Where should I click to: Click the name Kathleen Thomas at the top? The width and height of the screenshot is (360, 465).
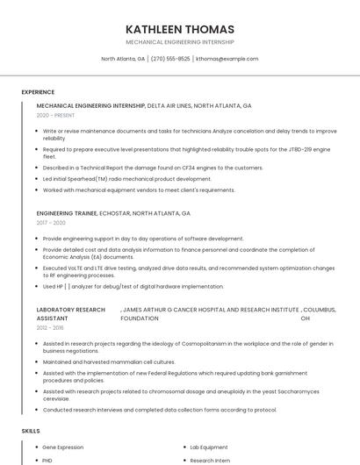pyautogui.click(x=180, y=29)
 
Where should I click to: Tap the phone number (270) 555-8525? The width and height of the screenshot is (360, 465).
pyautogui.click(x=170, y=59)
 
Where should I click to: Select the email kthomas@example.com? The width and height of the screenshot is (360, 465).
pyautogui.click(x=227, y=59)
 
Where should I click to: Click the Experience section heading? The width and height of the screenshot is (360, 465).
pyautogui.click(x=38, y=92)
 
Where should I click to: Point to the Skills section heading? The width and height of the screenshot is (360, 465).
pyautogui.click(x=31, y=431)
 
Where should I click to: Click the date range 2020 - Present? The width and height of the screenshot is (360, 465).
pyautogui.click(x=55, y=115)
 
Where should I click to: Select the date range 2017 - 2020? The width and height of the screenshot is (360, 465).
pyautogui.click(x=51, y=223)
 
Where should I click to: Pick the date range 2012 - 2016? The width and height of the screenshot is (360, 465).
pyautogui.click(x=50, y=326)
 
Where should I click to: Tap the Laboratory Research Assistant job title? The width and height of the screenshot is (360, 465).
pyautogui.click(x=70, y=313)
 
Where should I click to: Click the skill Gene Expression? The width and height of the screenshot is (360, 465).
pyautogui.click(x=63, y=447)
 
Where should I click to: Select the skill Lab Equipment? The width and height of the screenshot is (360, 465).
pyautogui.click(x=209, y=447)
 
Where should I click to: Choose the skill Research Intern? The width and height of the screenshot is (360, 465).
pyautogui.click(x=211, y=460)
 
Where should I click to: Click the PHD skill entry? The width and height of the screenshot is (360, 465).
pyautogui.click(x=47, y=460)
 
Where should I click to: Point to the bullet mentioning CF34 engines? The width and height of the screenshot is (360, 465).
pyautogui.click(x=153, y=168)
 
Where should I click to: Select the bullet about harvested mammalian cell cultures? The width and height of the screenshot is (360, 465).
pyautogui.click(x=109, y=361)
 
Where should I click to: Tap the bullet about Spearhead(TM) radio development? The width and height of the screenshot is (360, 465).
pyautogui.click(x=126, y=179)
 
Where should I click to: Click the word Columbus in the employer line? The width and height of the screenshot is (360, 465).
pyautogui.click(x=320, y=310)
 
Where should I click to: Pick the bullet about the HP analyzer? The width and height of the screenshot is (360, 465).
pyautogui.click(x=133, y=286)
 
